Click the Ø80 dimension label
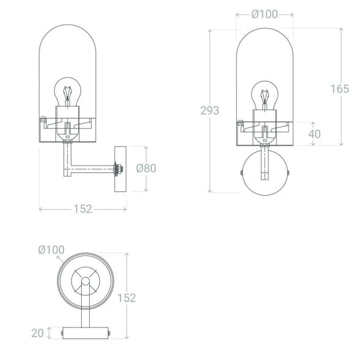tap(146, 168)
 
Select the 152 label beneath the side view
tap(82, 209)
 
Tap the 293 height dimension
tap(209, 111)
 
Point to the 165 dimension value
tap(339, 89)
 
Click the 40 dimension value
tap(314, 134)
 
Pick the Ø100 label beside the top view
tap(51, 249)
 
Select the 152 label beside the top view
tap(126, 298)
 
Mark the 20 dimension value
tap(38, 333)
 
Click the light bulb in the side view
tap(68, 92)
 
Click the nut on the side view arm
tap(116, 168)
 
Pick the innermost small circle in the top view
tap(85, 282)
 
